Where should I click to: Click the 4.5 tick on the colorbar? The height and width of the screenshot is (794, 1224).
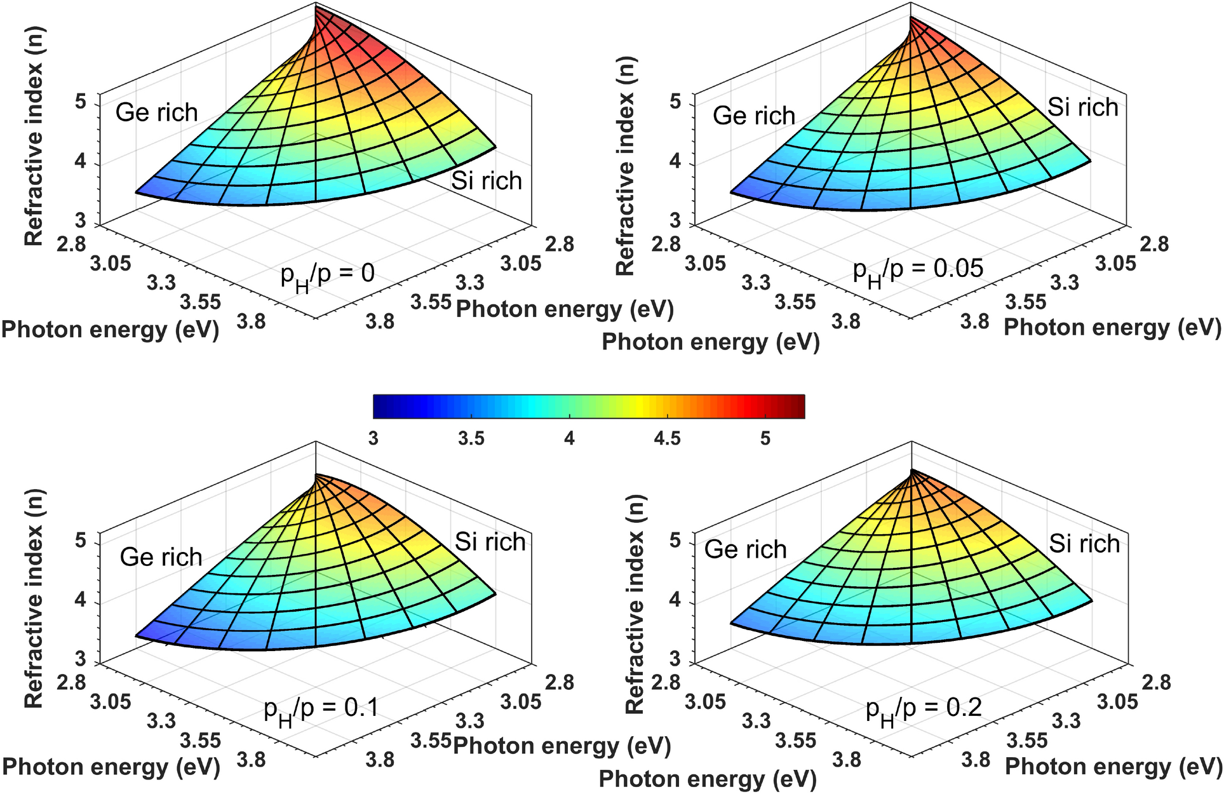pos(667,439)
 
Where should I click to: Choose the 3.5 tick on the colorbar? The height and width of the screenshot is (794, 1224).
pos(471,439)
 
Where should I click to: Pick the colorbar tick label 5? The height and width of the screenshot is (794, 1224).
pos(765,439)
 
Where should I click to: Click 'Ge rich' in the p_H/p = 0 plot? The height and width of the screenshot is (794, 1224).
pos(157,112)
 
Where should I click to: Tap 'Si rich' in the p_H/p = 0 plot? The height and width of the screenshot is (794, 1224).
pos(487,181)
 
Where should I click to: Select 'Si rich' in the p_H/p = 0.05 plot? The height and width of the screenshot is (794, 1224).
pos(1082,107)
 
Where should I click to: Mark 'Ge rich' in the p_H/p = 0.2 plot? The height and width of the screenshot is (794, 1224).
pos(746,549)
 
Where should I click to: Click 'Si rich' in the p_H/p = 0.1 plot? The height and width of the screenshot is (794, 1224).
pos(490,542)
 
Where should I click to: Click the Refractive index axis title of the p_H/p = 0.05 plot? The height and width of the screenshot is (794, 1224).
pos(626,165)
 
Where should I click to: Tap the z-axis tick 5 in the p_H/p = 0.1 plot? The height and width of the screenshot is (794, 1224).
pos(81,541)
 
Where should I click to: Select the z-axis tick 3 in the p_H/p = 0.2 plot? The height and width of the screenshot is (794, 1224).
pos(675,659)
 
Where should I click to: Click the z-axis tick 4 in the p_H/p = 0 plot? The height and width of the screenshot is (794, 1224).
pos(81,162)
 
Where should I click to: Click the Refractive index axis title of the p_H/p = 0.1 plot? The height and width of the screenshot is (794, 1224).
pos(33,598)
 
